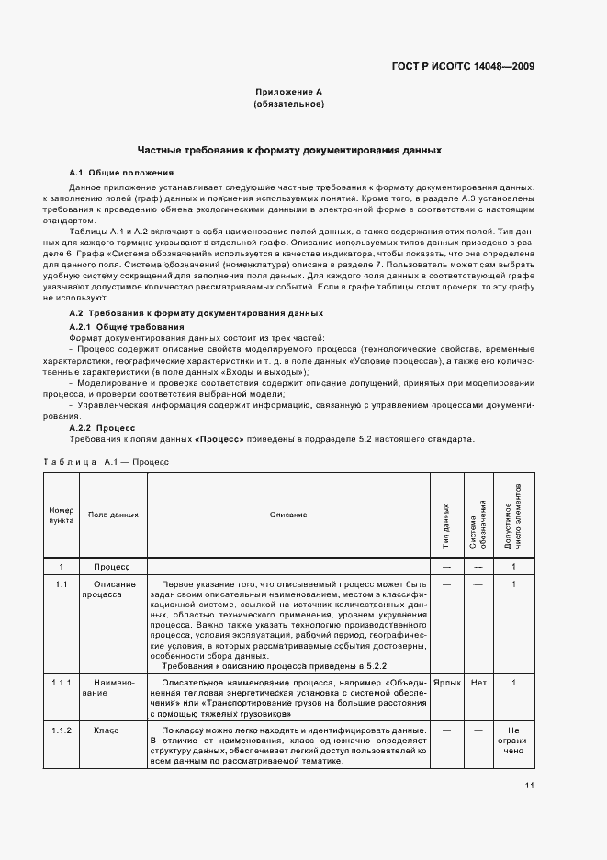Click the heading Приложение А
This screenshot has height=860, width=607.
[288, 93]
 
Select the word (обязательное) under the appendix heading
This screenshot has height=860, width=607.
[288, 105]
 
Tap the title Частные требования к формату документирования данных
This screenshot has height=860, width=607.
[288, 149]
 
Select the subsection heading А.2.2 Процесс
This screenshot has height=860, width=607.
[103, 427]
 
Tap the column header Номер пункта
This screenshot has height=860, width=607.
[61, 515]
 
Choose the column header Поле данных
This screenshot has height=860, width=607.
[113, 515]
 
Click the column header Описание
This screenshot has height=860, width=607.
[288, 515]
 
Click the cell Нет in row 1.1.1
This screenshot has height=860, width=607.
[478, 683]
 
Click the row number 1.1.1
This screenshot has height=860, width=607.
[61, 683]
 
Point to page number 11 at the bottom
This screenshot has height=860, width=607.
[530, 785]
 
